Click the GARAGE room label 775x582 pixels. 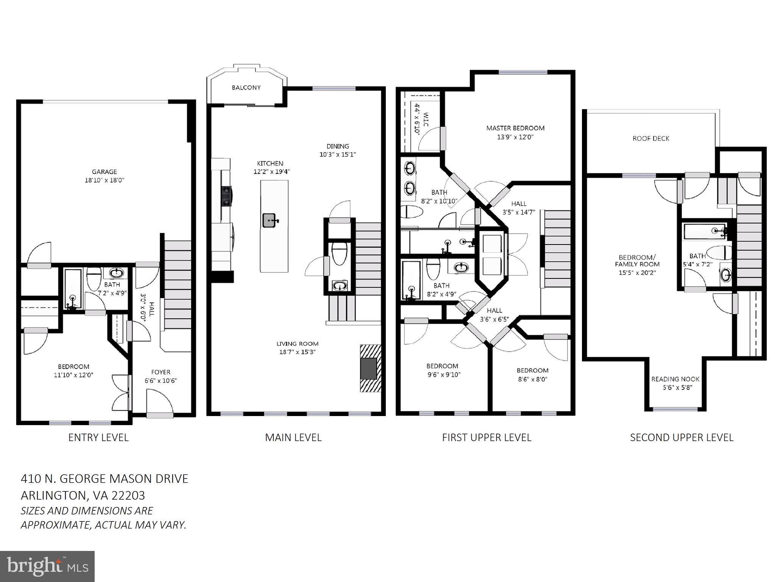click(104, 172)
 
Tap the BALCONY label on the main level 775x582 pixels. click(246, 88)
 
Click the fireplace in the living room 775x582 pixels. click(369, 368)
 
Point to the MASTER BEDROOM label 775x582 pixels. click(515, 128)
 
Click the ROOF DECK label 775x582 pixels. click(651, 139)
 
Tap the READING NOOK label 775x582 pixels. click(675, 379)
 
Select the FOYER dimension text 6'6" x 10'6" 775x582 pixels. click(161, 381)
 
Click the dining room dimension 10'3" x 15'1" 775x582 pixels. click(338, 155)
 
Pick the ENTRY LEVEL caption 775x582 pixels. click(98, 437)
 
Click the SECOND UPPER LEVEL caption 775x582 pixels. click(681, 437)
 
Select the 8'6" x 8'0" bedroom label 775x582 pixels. click(532, 379)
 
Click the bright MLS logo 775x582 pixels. click(47, 566)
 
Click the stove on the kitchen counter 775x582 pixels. click(226, 196)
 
